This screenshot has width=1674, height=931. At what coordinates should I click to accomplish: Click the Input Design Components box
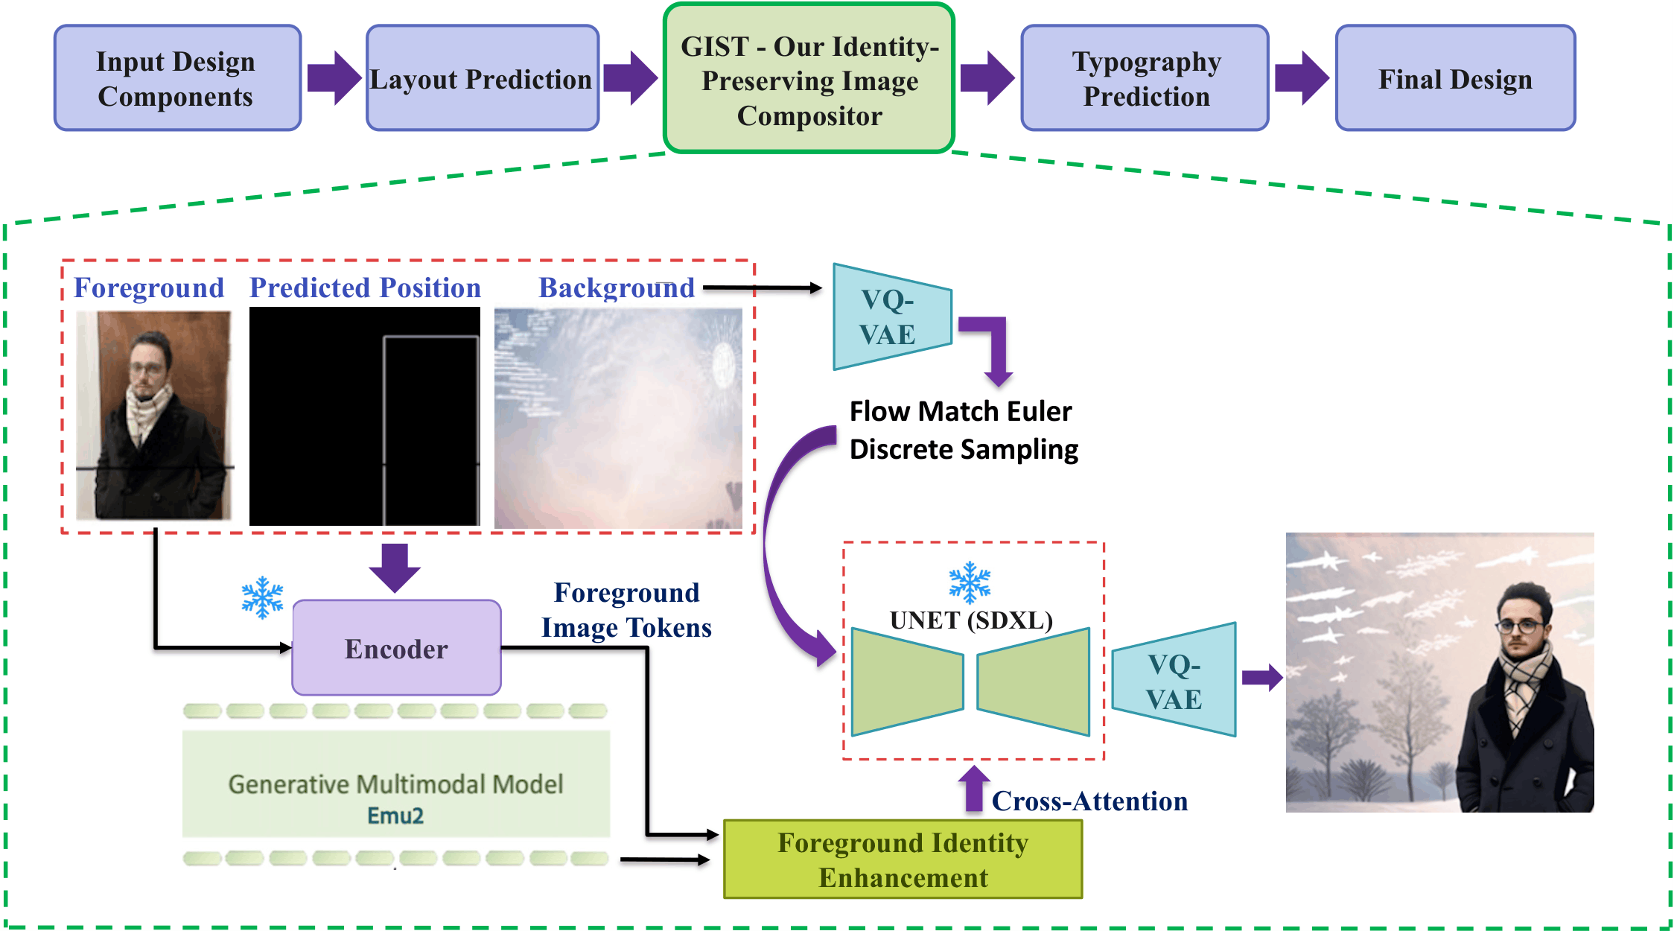(177, 78)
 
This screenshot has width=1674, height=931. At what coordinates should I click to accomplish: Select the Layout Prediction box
(482, 78)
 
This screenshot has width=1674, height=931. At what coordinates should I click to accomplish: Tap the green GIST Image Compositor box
(809, 79)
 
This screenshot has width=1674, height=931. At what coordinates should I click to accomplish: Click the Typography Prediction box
(1145, 78)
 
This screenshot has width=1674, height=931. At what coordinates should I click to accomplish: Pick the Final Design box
(1454, 78)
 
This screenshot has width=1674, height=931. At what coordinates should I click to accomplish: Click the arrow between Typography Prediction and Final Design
(1302, 77)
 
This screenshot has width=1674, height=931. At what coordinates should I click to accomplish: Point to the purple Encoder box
(396, 648)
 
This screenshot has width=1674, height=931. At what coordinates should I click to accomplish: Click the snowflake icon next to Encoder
(262, 597)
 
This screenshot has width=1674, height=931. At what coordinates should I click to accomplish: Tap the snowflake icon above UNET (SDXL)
(970, 582)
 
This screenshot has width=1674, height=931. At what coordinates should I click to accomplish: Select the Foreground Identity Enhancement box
(903, 859)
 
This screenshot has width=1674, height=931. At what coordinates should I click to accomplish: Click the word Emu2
(395, 816)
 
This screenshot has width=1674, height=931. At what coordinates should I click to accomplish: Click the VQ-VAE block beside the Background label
(891, 317)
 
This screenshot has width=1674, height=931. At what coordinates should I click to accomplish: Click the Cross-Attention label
(1089, 801)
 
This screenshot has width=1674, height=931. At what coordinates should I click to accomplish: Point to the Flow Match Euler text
(961, 411)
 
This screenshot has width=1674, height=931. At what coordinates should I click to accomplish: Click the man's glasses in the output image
(1519, 626)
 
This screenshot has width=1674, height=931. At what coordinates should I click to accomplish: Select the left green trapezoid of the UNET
(906, 681)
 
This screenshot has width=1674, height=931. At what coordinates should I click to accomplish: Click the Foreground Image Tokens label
(626, 610)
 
